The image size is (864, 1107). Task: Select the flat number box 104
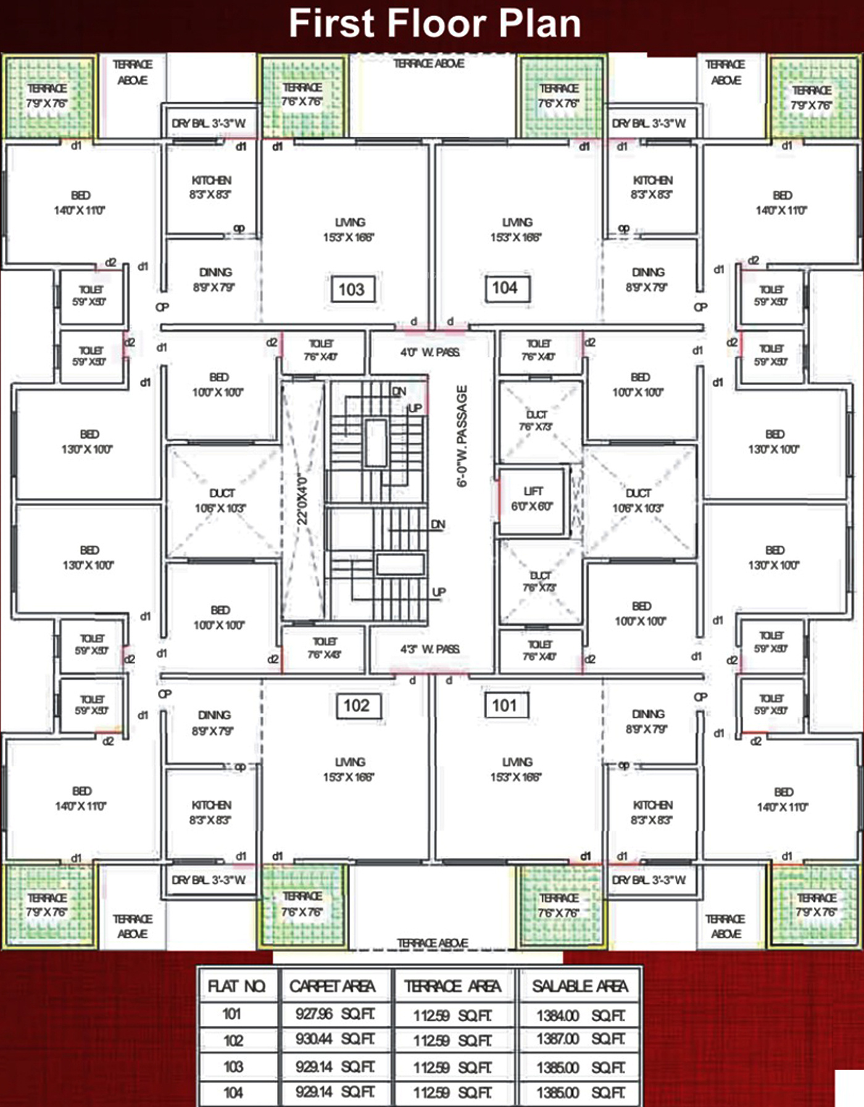click(505, 288)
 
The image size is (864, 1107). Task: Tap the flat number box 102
click(357, 705)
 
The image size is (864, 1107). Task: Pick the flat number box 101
click(504, 705)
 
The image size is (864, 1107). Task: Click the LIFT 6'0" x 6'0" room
click(531, 499)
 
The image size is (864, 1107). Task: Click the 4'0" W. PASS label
click(430, 352)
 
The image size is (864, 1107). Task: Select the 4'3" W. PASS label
click(430, 649)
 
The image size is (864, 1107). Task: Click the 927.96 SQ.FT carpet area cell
click(334, 1014)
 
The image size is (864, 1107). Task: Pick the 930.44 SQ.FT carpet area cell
click(334, 1039)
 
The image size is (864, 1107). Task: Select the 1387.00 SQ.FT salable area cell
click(580, 1039)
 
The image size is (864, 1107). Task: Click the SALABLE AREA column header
click(580, 986)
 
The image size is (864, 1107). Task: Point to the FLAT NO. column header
click(236, 986)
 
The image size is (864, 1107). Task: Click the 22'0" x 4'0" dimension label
click(302, 500)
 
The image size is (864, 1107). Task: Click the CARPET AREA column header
click(333, 986)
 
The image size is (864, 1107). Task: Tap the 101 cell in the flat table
click(232, 1014)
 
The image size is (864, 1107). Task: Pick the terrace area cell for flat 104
click(452, 1093)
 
